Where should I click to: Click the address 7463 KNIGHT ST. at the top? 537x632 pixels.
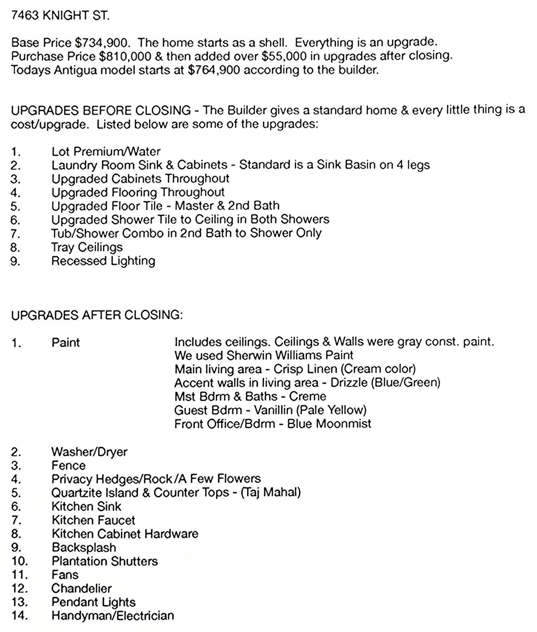(x=60, y=16)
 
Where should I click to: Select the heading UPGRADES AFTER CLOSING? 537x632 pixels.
(x=96, y=315)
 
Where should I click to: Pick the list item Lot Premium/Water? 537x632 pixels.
(x=106, y=151)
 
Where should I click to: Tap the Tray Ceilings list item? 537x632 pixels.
(x=87, y=247)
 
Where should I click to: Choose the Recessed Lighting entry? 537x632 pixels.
(x=103, y=261)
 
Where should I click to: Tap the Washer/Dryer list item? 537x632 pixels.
(x=89, y=452)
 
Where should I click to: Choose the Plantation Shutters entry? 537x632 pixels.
(x=105, y=561)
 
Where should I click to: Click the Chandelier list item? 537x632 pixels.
(x=82, y=588)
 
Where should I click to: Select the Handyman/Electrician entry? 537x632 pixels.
(x=113, y=616)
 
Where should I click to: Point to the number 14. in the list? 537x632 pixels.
(x=19, y=616)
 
